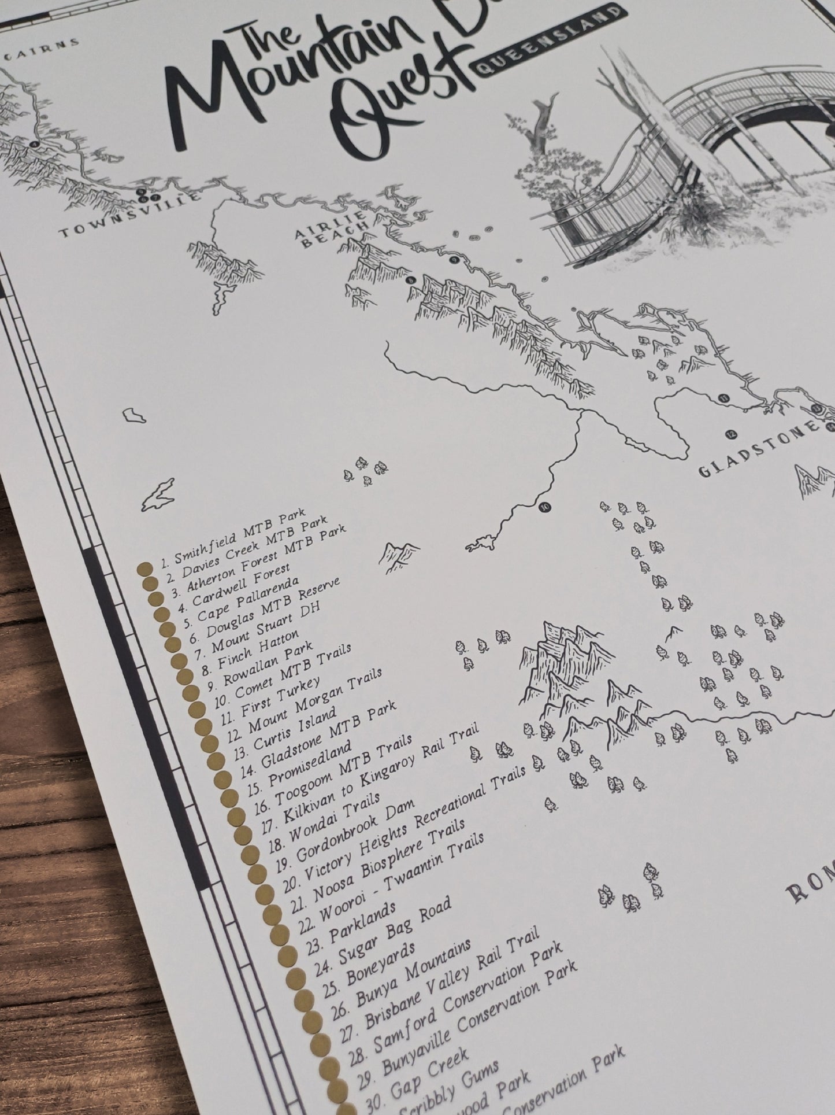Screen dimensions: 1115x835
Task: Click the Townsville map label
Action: coord(131,215)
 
